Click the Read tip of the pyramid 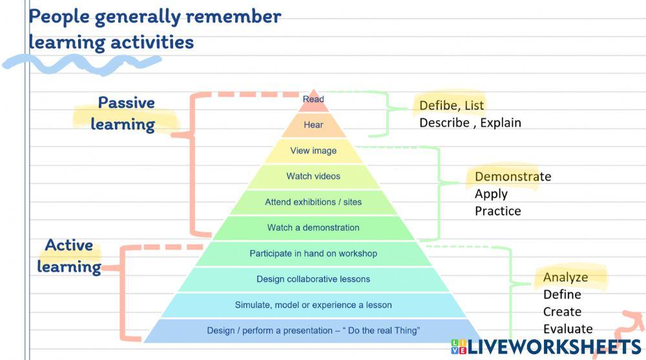coord(313,100)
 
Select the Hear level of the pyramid coord(313,125)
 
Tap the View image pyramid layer coord(313,151)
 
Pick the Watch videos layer coord(313,176)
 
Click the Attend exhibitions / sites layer coord(313,202)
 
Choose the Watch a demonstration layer coord(313,228)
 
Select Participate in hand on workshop coord(313,253)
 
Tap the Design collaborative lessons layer coord(313,279)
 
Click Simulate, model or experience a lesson coord(313,305)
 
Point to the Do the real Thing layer coord(313,331)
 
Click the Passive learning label coord(125,113)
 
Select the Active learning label coord(68,255)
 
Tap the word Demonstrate coord(513,176)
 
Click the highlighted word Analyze coord(565,277)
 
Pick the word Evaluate coord(568,329)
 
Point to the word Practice coord(497,211)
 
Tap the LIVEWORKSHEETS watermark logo coord(547,347)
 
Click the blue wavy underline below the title coord(81,63)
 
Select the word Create coord(562,312)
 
